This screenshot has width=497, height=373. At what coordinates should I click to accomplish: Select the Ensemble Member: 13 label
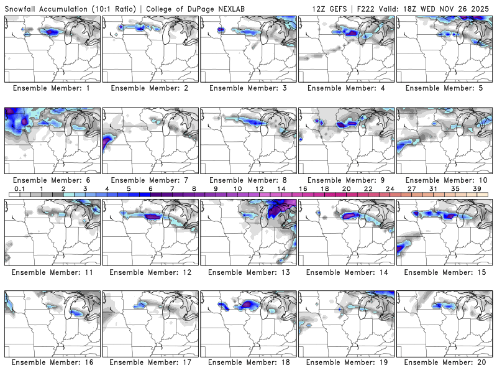click(248, 272)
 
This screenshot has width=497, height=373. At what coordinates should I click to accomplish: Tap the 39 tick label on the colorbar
click(476, 188)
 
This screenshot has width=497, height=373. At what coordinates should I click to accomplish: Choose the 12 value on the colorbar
click(259, 188)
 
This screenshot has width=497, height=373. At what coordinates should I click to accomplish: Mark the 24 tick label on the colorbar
click(390, 188)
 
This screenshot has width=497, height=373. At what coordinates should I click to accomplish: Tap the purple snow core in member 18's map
click(250, 304)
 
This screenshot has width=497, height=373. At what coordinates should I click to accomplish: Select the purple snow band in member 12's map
click(153, 216)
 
